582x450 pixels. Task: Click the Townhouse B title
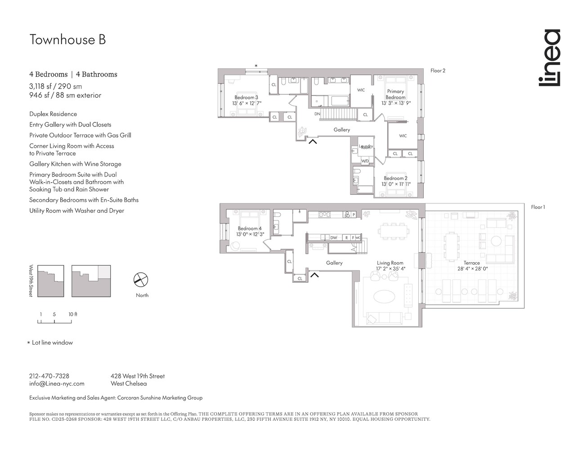67,40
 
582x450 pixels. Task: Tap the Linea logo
550,58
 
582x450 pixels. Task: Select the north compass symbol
141,280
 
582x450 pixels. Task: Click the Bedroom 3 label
246,97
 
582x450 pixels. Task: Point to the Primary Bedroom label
395,94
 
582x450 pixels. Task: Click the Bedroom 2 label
395,178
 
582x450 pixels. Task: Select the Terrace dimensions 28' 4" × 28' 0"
472,269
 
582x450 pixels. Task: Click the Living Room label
390,263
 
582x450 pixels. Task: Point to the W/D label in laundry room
365,161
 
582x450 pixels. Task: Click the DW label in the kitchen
333,238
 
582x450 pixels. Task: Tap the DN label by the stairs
317,114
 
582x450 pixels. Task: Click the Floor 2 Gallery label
342,130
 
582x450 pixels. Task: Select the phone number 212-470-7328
49,376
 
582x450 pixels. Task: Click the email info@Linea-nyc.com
57,383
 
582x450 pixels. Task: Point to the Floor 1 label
538,207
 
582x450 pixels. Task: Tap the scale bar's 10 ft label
72,314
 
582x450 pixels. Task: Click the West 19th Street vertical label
31,280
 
